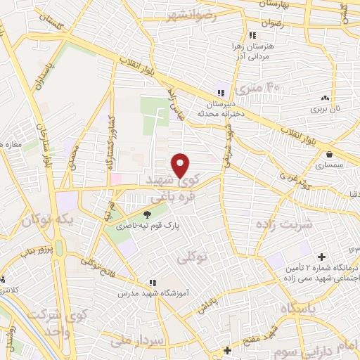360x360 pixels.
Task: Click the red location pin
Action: coord(181,165)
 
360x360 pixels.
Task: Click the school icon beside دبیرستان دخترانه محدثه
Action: coord(221,93)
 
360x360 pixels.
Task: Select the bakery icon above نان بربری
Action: coord(325,98)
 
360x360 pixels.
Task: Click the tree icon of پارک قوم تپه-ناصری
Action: coord(147,215)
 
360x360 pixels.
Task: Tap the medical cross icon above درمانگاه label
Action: coord(322,257)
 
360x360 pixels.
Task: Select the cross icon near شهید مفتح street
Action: coord(226,349)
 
